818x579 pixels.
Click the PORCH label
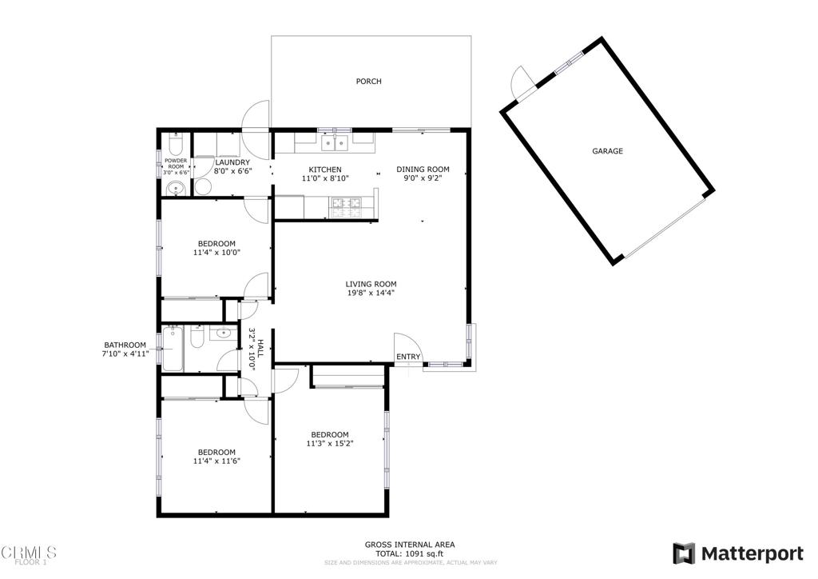click(368, 82)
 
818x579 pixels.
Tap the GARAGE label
click(607, 151)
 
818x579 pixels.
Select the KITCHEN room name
click(325, 170)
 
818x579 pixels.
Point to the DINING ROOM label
click(423, 170)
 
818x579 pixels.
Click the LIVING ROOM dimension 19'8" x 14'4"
click(371, 293)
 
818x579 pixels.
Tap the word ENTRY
click(407, 357)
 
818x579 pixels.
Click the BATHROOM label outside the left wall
click(124, 345)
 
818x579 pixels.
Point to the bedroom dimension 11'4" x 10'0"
click(216, 252)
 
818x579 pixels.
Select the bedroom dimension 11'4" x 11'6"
click(216, 461)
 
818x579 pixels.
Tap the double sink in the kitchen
click(334, 144)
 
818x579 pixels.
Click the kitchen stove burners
click(348, 208)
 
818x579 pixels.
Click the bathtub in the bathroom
click(173, 349)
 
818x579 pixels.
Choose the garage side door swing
click(520, 80)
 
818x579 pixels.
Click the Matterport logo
click(738, 553)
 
